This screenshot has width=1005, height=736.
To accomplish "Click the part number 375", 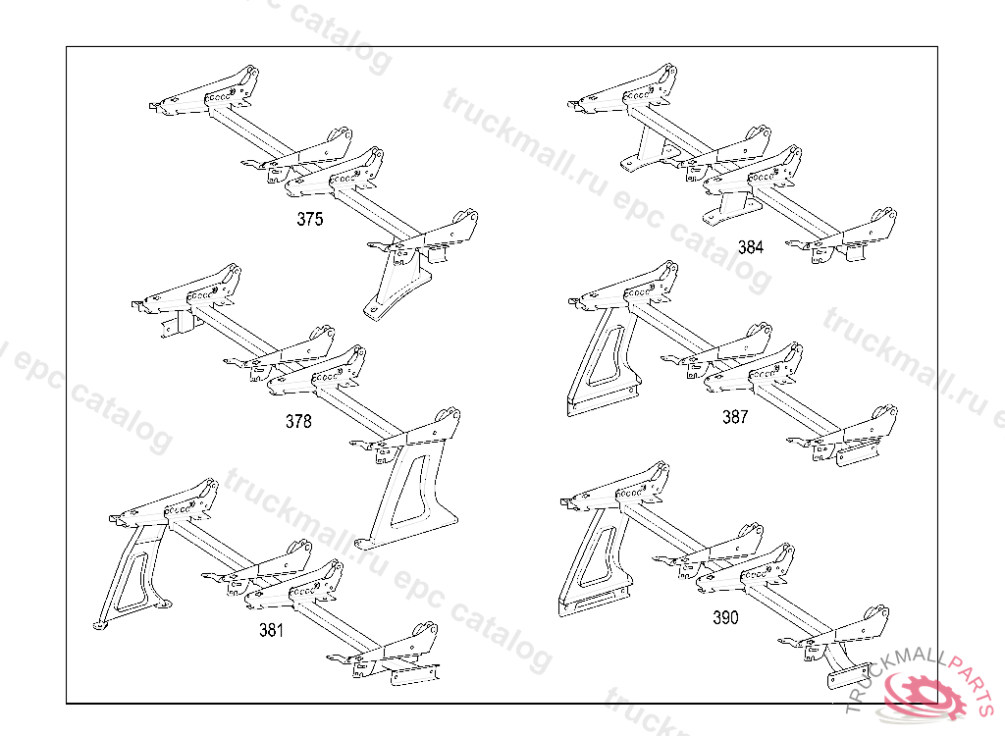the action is click(309, 220).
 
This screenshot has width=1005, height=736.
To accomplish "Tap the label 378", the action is click(298, 422).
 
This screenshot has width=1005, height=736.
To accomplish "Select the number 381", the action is click(271, 630).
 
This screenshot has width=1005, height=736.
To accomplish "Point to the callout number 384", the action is click(750, 247).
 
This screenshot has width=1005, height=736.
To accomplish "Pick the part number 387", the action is click(735, 417).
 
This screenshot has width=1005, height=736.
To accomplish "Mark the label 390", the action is click(725, 618).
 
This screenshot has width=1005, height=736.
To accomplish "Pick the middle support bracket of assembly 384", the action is click(732, 207).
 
